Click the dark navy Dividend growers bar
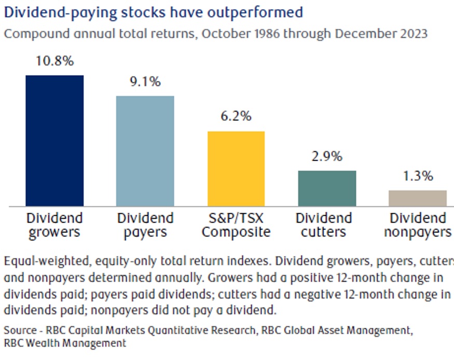54,141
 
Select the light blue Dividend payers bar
145,151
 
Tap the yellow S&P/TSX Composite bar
236,169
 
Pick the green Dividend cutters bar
327,188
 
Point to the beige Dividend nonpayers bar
418,198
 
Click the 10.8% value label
54,61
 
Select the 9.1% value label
145,81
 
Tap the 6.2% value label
236,116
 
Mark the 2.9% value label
327,156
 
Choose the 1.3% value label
418,176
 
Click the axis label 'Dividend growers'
54,225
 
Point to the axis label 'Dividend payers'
145,225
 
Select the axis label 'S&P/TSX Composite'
236,225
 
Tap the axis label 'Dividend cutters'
327,225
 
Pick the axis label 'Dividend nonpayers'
418,225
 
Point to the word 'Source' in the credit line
20,329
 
